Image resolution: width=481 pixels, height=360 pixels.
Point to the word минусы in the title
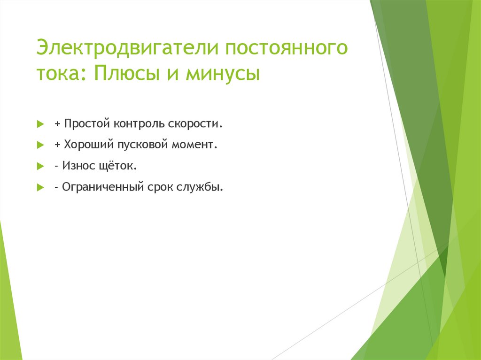223,74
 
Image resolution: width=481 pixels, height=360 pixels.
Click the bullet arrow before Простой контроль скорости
40,125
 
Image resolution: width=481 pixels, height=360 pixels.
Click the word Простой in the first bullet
86,124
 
